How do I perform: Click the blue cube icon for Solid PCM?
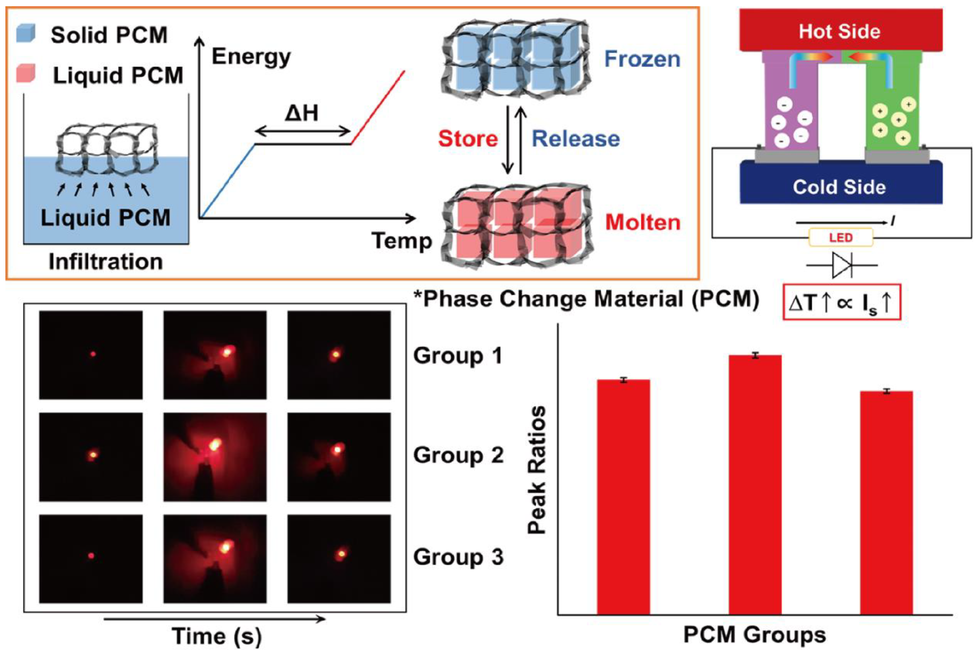pos(26,33)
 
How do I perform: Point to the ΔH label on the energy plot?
pos(301,113)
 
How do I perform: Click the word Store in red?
pos(468,139)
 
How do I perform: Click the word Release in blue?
pos(576,139)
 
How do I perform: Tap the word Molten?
pos(643,222)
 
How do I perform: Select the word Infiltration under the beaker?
pos(106,262)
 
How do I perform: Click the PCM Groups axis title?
pos(754,635)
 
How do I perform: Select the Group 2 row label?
pos(458,455)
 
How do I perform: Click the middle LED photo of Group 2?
pos(215,457)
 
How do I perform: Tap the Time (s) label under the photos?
pos(216,636)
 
